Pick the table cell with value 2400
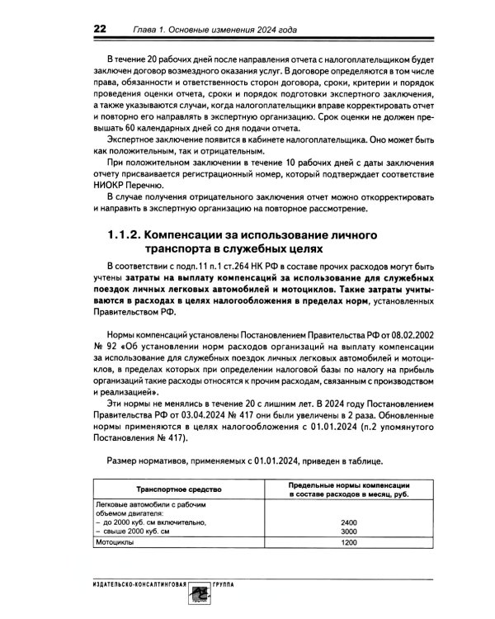[x=348, y=522]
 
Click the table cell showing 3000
[x=348, y=532]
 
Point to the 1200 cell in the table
[x=348, y=544]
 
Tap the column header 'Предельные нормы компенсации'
[x=349, y=483]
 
